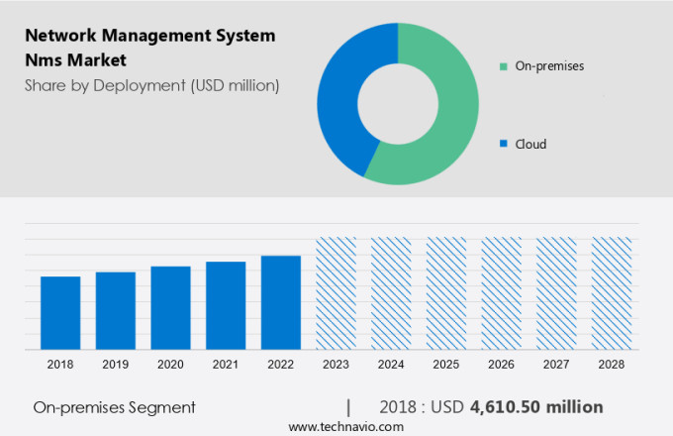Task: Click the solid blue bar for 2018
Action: click(x=60, y=312)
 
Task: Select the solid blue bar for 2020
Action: click(x=170, y=307)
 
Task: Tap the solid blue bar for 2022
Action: click(x=280, y=302)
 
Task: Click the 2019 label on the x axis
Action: click(x=115, y=365)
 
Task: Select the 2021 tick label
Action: click(x=225, y=365)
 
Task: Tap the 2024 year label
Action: click(x=390, y=365)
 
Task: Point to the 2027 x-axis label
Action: click(x=555, y=365)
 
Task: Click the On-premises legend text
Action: click(x=549, y=66)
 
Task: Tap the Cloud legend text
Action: click(x=530, y=144)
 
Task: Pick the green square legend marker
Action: click(x=503, y=66)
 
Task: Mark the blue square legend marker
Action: click(x=503, y=144)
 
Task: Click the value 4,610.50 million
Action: click(x=535, y=407)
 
